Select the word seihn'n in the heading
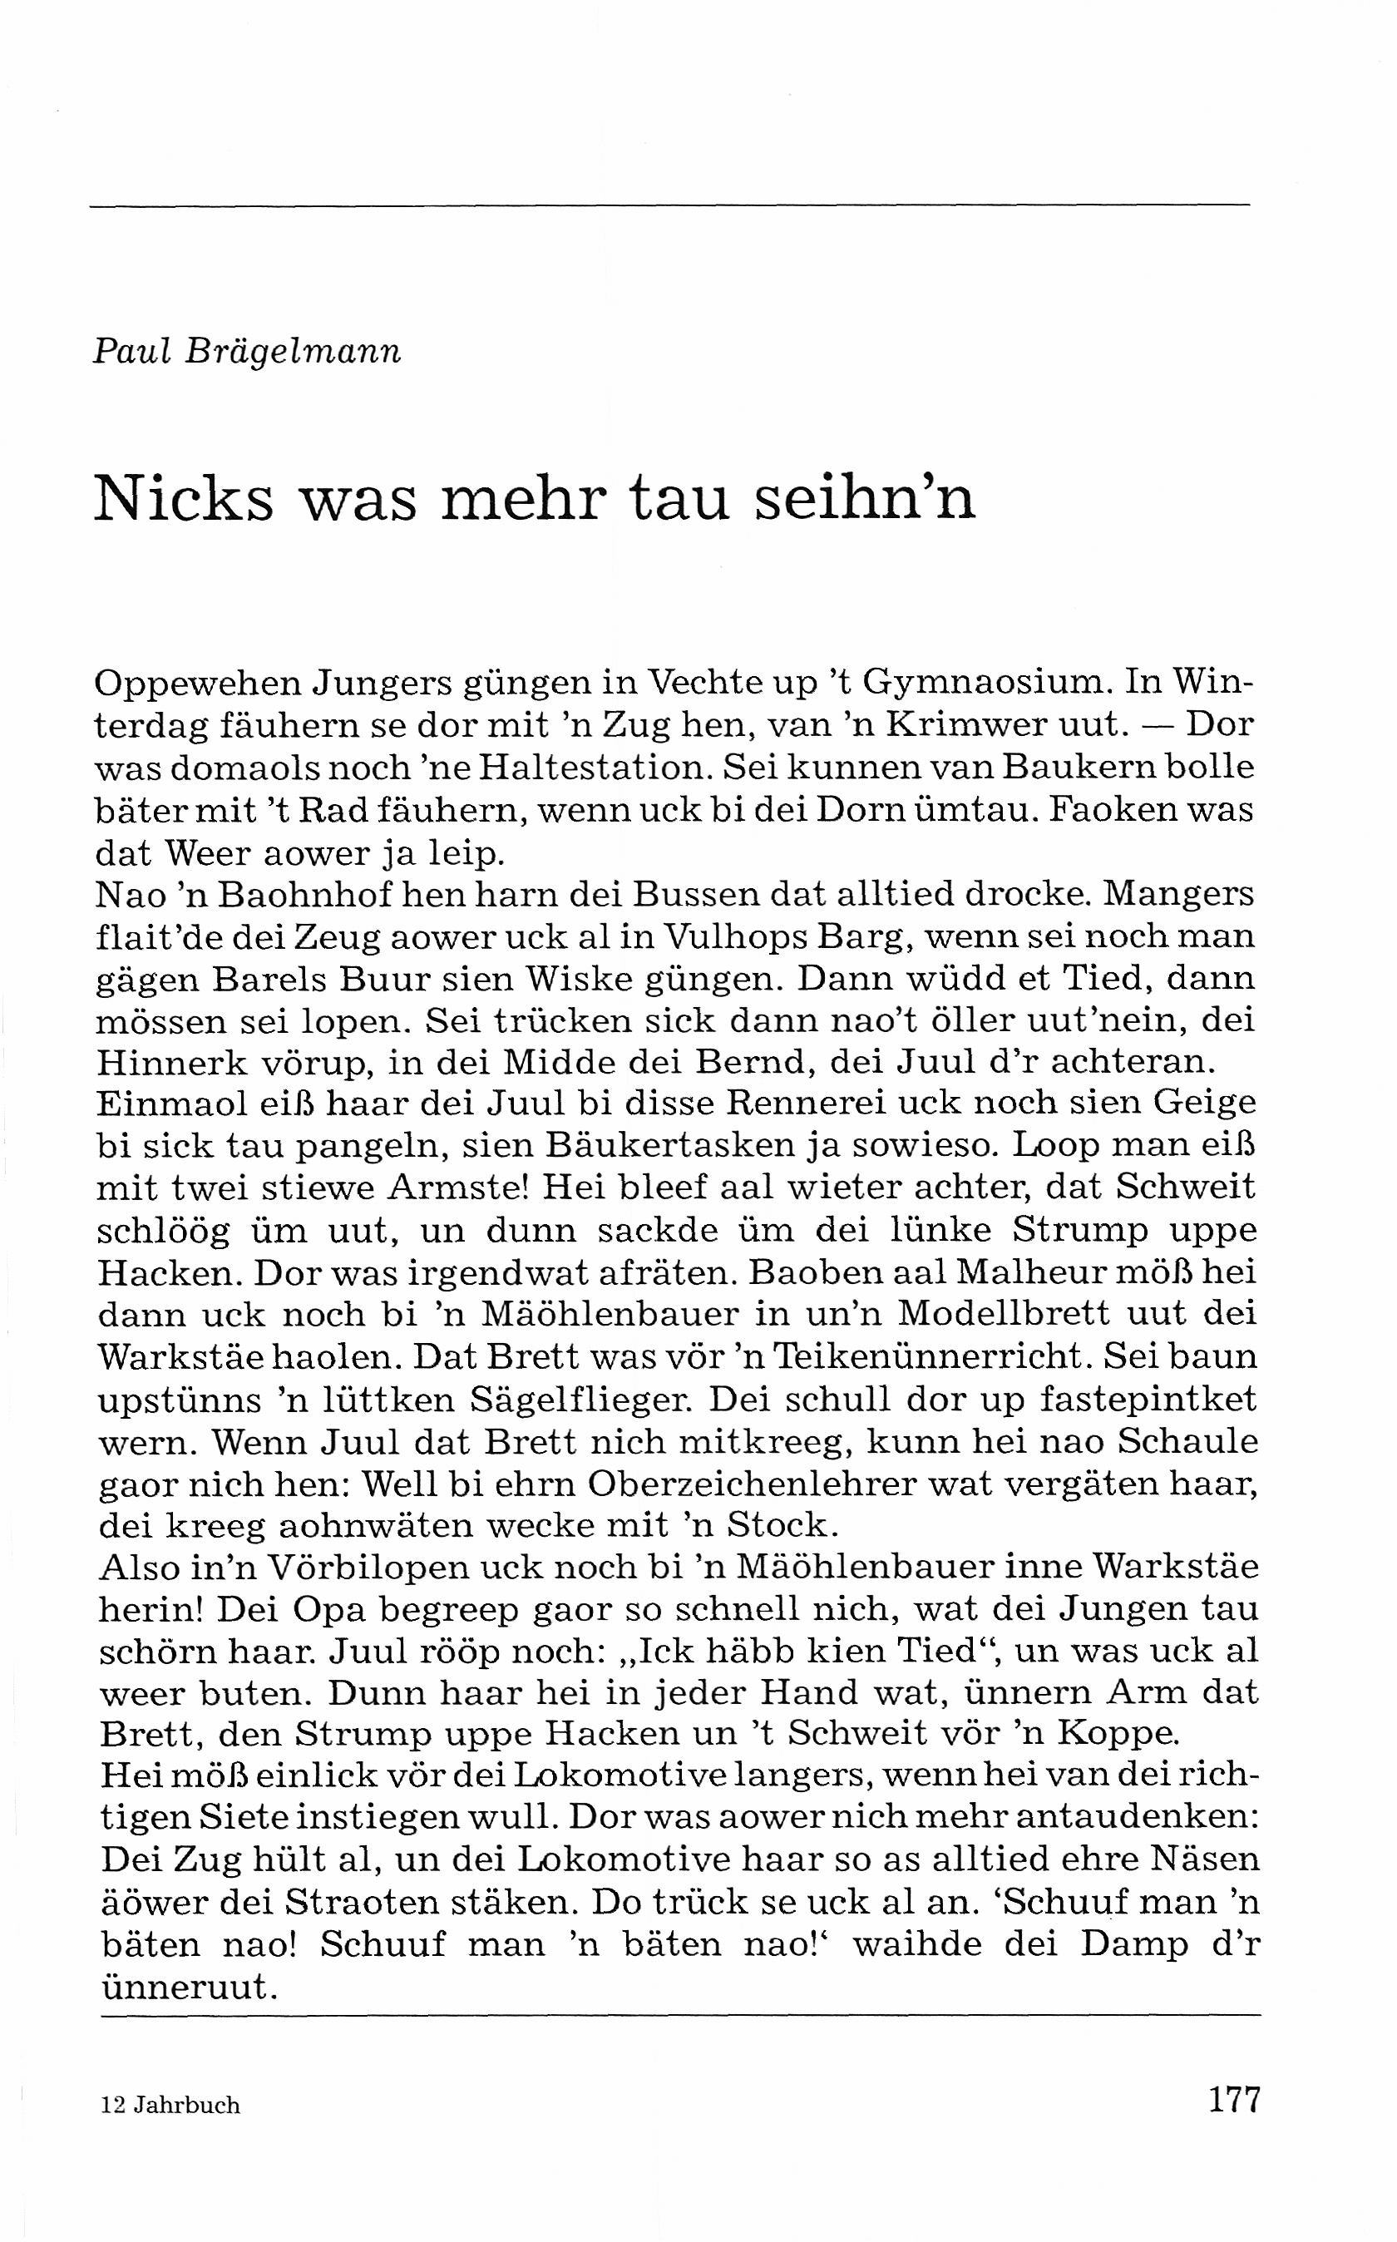click(x=866, y=499)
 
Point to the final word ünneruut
click(x=189, y=1987)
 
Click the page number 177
click(x=1233, y=2101)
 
